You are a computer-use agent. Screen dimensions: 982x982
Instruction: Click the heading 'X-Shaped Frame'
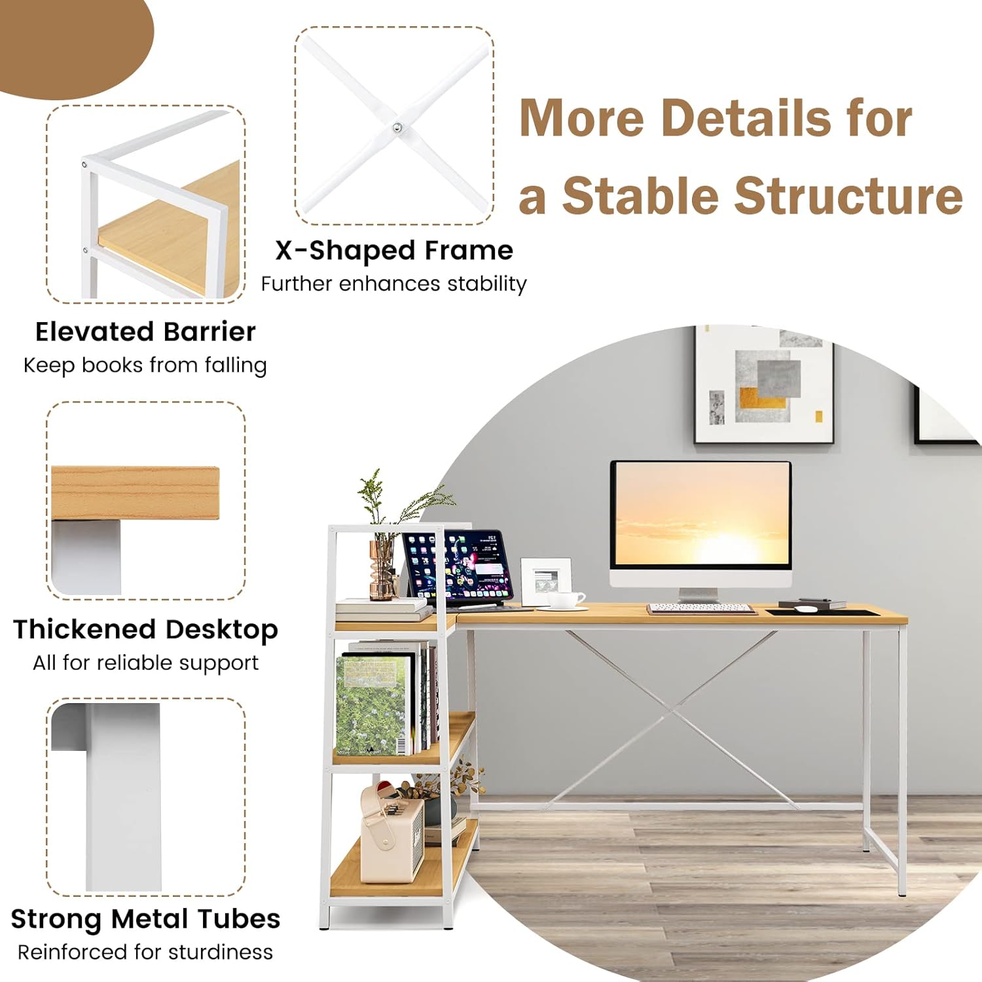point(394,251)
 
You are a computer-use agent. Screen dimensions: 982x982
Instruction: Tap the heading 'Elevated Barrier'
point(145,332)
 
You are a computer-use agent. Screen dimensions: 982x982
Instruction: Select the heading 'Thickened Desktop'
point(145,630)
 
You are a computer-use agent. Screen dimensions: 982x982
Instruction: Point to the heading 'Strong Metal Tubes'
point(145,919)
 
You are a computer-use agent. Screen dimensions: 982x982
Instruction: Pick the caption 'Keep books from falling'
point(145,365)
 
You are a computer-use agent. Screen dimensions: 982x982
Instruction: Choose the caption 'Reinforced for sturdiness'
point(145,952)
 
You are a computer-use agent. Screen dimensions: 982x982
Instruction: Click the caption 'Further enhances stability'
point(394,284)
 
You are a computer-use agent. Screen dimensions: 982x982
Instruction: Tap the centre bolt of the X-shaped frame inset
point(397,128)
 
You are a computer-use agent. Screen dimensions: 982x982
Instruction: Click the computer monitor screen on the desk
point(700,513)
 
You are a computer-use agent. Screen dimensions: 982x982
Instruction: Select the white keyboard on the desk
point(700,608)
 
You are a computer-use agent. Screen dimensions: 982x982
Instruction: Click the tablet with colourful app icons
point(458,567)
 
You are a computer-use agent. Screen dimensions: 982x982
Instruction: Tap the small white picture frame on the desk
point(545,579)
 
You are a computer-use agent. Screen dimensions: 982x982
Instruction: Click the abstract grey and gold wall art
point(763,385)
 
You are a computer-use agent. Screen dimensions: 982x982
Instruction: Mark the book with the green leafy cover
point(371,704)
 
